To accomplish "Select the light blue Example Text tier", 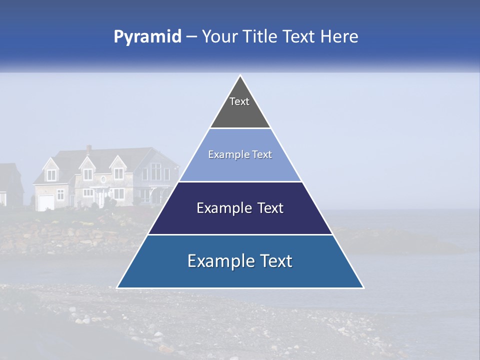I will point(240,155).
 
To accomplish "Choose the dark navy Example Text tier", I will point(240,208).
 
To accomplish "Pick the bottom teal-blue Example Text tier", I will point(240,261).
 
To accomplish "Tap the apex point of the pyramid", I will point(240,75).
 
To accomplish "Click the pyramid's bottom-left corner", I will point(117,287).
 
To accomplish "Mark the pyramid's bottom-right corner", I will point(363,287).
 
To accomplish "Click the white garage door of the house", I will point(46,202).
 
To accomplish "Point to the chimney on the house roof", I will point(89,149).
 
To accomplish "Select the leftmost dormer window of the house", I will point(52,175).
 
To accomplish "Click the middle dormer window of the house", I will point(87,174).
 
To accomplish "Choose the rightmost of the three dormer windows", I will point(118,173).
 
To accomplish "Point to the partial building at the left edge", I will point(10,185).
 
